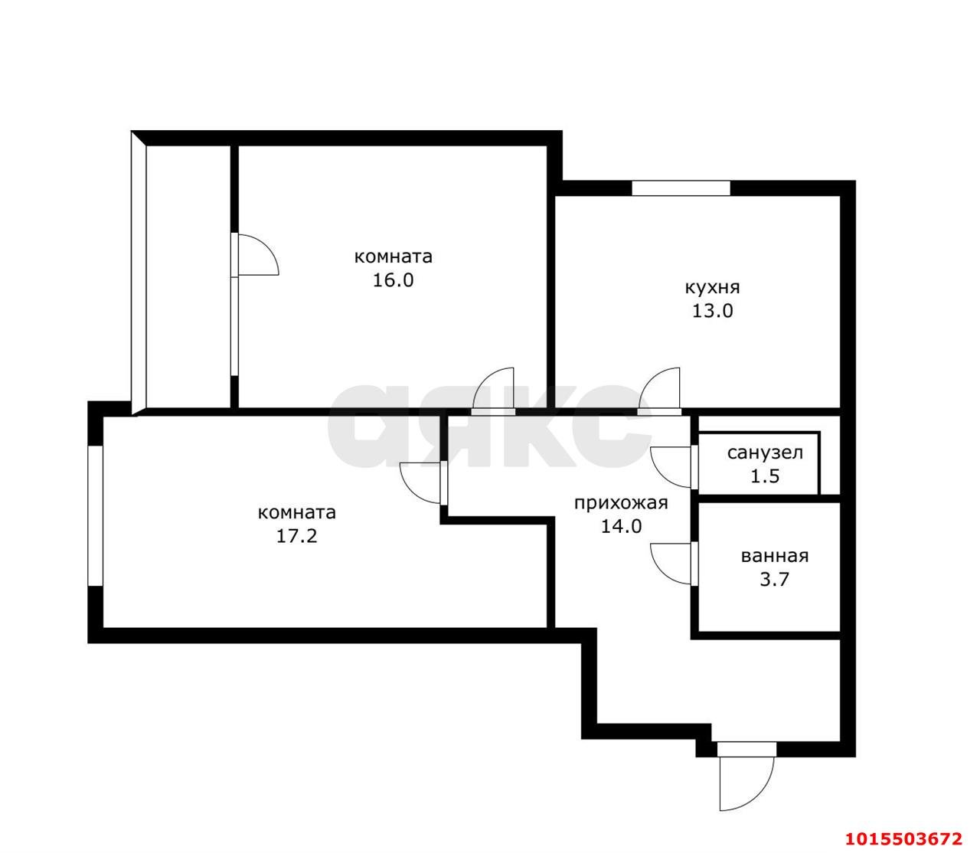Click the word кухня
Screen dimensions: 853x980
point(712,288)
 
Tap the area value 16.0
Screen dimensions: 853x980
point(393,280)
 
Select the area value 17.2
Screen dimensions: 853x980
point(296,536)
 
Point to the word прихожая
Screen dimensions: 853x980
point(621,503)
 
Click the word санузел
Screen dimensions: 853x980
point(765,453)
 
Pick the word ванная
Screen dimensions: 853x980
point(774,557)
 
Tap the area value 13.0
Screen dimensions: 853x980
point(712,311)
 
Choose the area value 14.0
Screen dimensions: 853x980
point(621,527)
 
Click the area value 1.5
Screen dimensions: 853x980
point(764,476)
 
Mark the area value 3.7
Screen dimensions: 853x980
point(774,580)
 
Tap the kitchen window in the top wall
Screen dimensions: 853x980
point(681,188)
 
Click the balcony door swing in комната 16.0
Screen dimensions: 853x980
point(256,254)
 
